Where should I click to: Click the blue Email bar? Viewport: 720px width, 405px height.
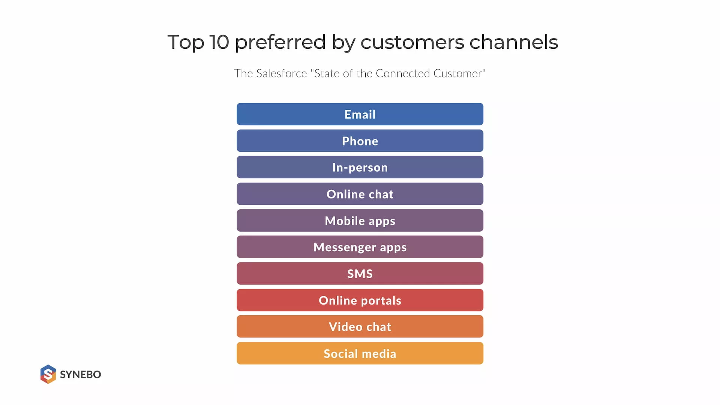(x=360, y=114)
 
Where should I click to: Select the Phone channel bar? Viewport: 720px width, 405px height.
(x=360, y=141)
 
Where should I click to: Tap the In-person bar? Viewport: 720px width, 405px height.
(x=360, y=167)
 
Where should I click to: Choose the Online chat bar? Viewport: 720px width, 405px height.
(x=360, y=194)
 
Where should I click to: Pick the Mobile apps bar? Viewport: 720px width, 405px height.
(x=360, y=220)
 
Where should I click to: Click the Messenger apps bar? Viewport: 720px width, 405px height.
(x=360, y=247)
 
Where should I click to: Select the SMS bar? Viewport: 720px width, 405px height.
(x=360, y=273)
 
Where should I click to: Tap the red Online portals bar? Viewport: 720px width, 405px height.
(x=360, y=300)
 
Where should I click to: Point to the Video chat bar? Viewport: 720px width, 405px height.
(x=360, y=327)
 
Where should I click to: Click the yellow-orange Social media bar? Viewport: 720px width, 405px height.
(x=360, y=353)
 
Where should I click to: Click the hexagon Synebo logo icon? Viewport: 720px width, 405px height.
(x=48, y=374)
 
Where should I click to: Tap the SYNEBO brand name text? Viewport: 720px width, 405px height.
(x=80, y=375)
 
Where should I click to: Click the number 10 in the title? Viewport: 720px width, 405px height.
(x=219, y=42)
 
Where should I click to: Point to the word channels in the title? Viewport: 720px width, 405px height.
(x=514, y=42)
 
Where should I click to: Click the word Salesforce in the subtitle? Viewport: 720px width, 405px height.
(x=282, y=73)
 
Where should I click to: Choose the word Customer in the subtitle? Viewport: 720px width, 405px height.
(x=458, y=73)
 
